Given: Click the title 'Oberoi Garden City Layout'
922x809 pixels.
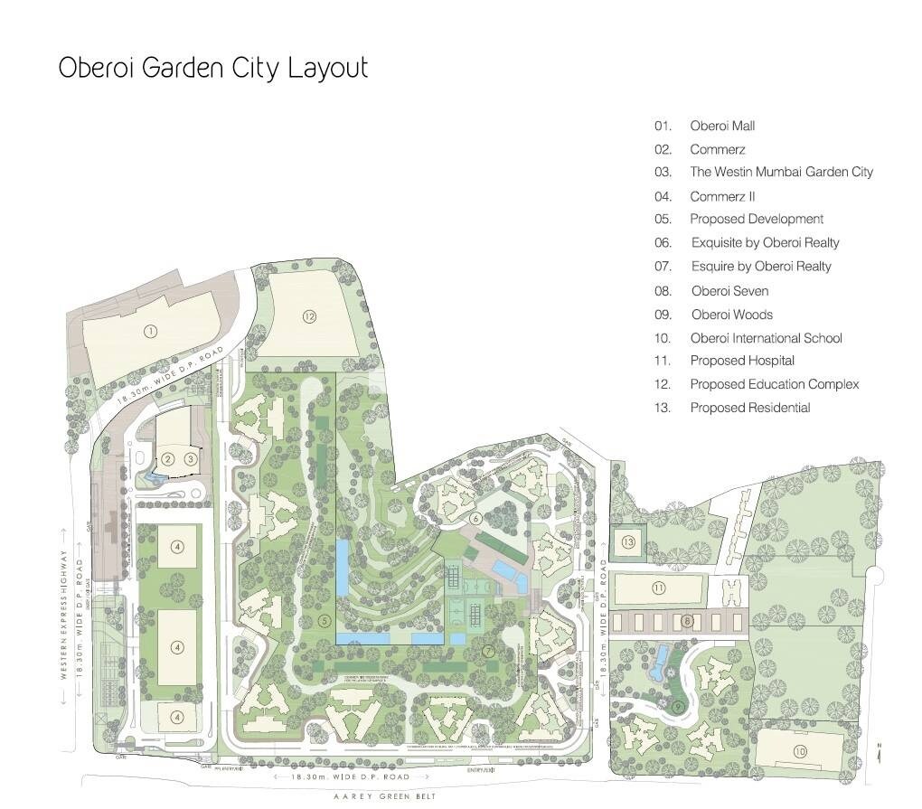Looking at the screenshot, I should [213, 69].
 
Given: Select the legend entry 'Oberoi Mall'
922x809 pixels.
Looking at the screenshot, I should [722, 126].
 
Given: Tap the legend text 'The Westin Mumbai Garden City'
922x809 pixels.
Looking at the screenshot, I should [781, 172].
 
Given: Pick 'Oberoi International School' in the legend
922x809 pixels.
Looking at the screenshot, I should [766, 338].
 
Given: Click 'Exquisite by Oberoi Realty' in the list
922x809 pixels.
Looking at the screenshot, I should [765, 242].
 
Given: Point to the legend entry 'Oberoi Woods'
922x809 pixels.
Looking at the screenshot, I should [731, 315].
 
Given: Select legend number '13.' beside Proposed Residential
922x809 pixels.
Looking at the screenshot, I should [663, 408].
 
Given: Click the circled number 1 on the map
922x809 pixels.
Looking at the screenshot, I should [151, 332].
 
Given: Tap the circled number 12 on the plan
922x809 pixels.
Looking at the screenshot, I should [310, 316].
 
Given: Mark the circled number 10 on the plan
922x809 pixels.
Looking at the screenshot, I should [800, 752].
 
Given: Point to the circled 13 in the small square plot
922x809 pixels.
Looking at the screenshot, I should [627, 542].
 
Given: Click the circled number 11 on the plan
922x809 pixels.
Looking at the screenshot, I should [658, 588].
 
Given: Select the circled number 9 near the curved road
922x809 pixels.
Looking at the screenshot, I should [676, 706].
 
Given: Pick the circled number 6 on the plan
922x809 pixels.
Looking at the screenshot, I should [475, 519].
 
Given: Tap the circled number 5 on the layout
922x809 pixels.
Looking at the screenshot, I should [324, 620].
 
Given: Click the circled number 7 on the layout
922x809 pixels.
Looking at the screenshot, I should [487, 651].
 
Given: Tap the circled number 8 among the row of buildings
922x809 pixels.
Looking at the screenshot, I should [687, 621].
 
